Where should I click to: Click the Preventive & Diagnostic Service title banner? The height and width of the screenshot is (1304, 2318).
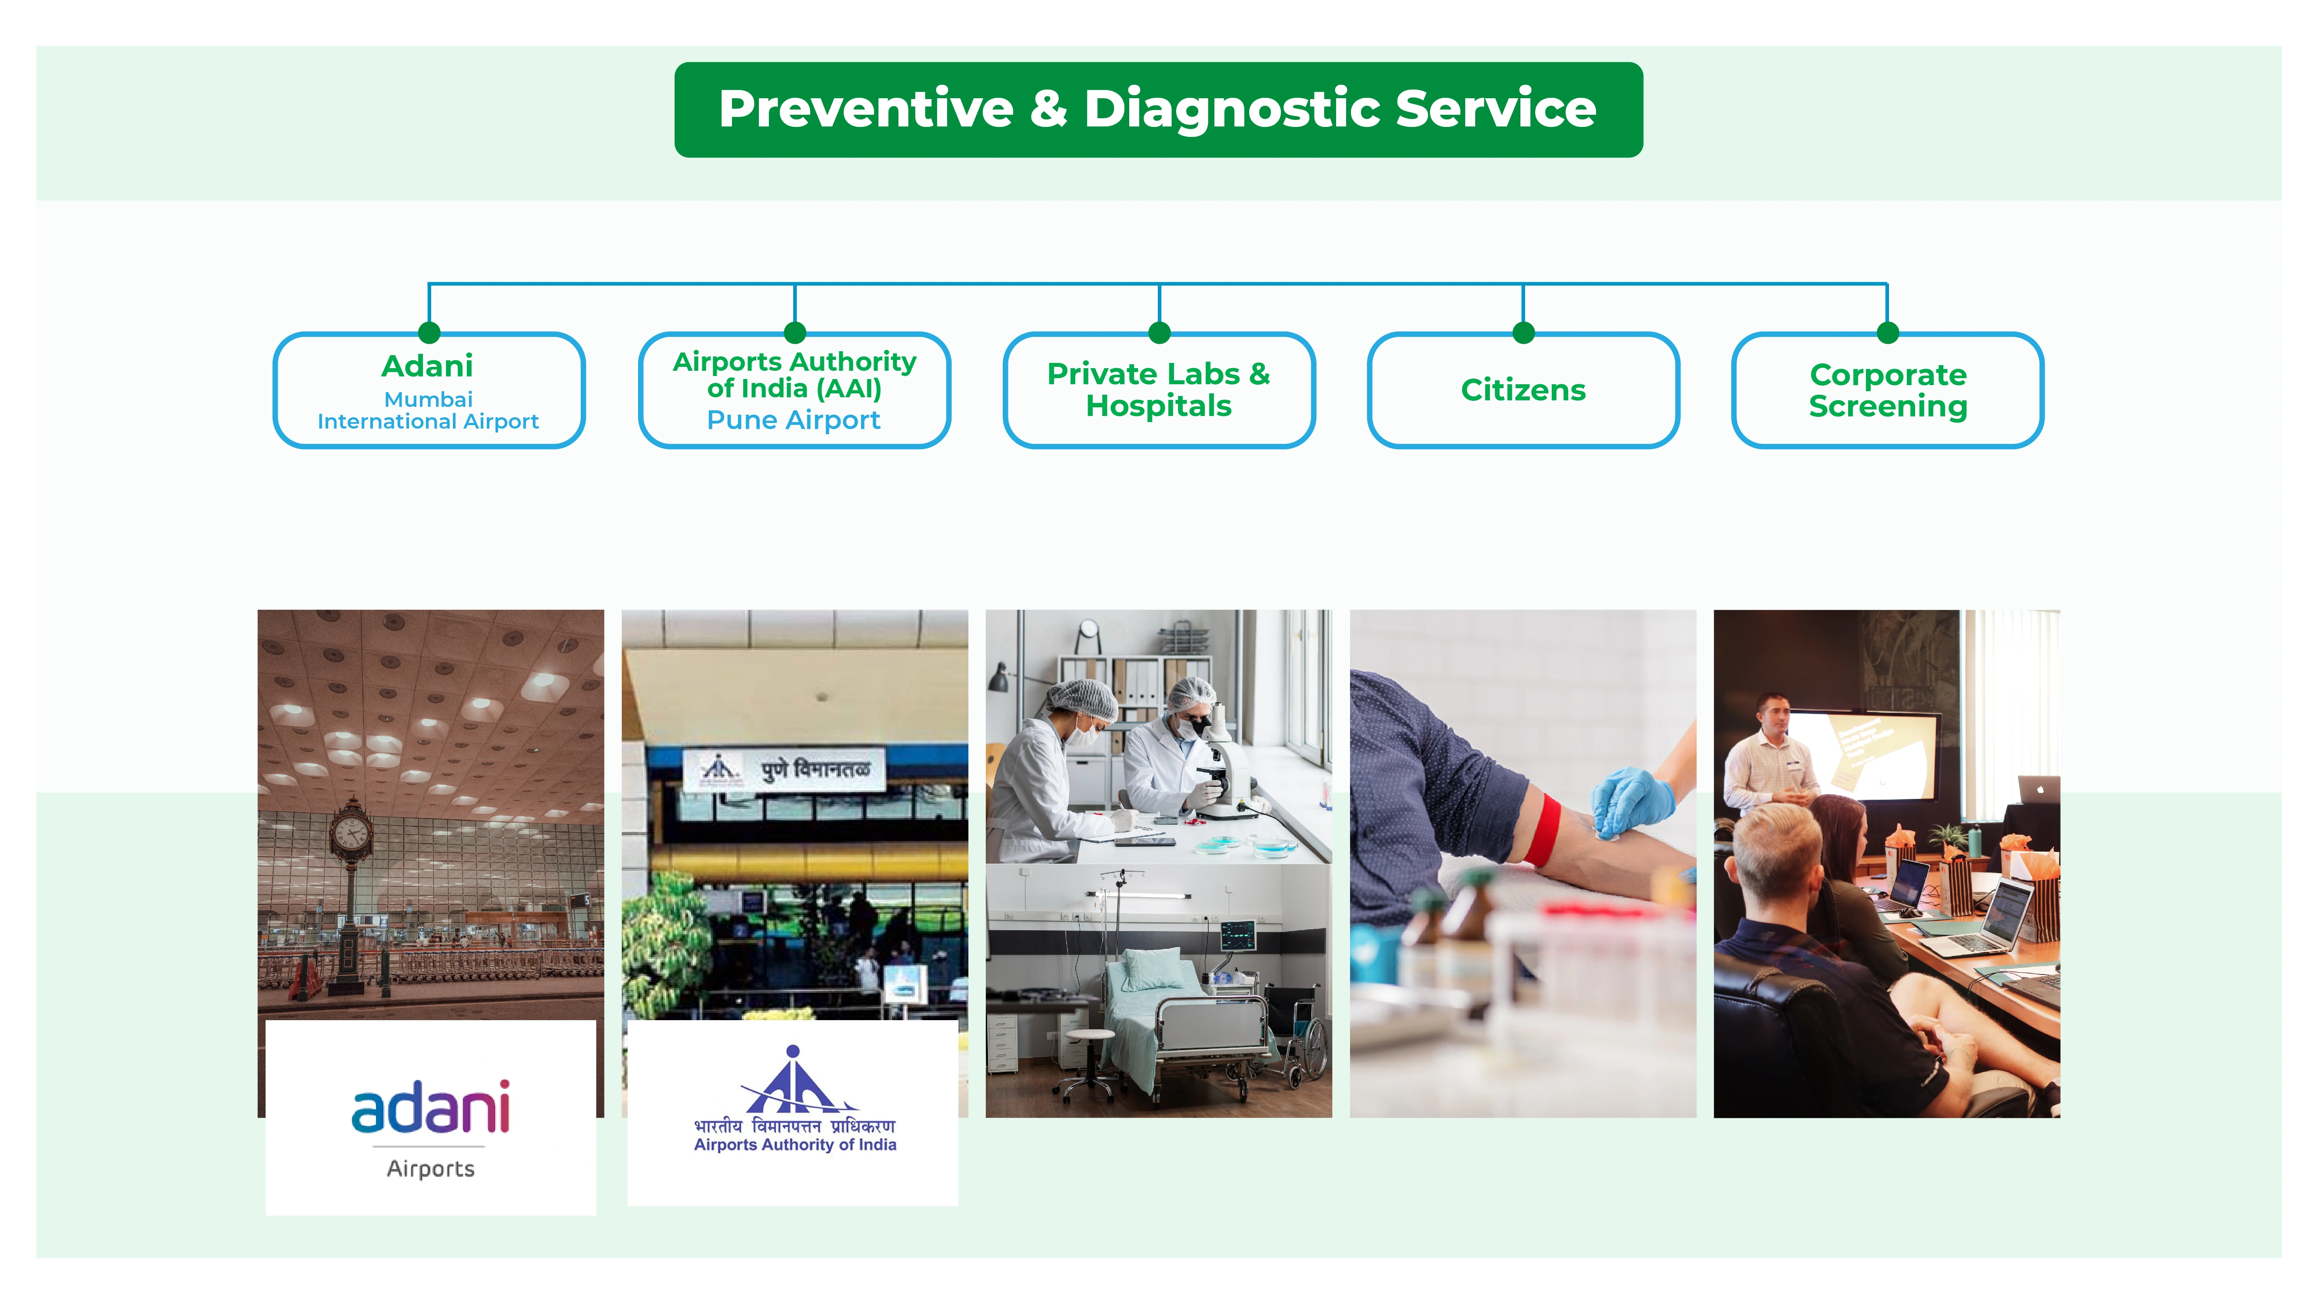(1158, 110)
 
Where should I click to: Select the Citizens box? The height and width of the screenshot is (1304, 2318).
(1523, 389)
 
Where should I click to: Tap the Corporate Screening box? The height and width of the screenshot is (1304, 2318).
(1887, 389)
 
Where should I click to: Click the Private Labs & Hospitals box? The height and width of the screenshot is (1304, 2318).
(1158, 389)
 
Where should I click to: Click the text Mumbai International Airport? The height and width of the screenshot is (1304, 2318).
(428, 410)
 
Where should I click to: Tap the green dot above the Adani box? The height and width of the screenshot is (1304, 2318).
(429, 332)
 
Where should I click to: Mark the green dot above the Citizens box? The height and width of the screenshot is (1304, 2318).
(1523, 332)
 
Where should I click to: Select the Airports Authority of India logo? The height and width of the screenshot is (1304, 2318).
(794, 1102)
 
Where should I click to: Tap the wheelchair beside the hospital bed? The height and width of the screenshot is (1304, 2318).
(1300, 1035)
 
